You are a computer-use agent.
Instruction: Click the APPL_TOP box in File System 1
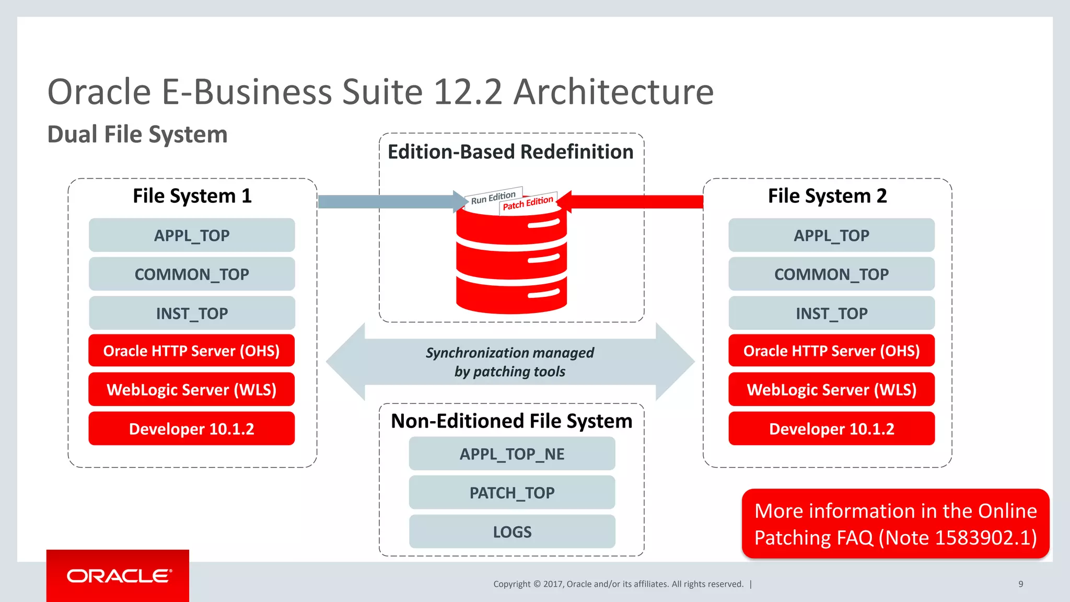pos(192,235)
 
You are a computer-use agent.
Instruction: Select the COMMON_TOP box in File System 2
pos(831,274)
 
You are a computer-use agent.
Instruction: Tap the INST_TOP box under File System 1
pos(192,313)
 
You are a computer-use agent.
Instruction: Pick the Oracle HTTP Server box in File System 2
pos(831,351)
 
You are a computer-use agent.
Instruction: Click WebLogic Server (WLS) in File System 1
pos(192,390)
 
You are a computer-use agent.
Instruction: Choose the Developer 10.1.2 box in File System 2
pos(831,429)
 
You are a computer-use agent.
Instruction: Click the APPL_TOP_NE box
pos(512,454)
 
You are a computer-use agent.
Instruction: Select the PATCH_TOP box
pos(512,493)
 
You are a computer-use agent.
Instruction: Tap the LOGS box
pos(512,532)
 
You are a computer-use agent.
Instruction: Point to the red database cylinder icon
pos(511,261)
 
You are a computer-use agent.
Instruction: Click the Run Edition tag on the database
pos(493,198)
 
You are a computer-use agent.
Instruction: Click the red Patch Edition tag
pos(528,203)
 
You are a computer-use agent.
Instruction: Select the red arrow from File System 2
pos(637,202)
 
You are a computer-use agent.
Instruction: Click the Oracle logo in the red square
pos(118,576)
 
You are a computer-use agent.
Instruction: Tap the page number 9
pos(1020,584)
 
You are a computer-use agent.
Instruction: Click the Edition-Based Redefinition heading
pos(510,152)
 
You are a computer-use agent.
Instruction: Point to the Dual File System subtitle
pos(137,134)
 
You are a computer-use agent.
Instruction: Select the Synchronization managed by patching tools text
pos(510,362)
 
